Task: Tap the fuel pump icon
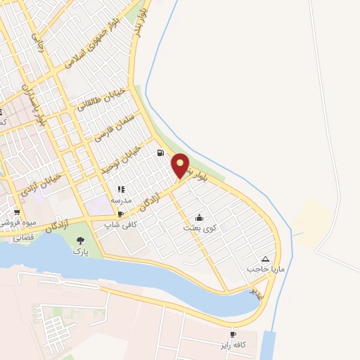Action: coord(161,153)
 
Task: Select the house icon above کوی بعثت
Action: coord(199,217)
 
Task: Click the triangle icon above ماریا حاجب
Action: coord(265,259)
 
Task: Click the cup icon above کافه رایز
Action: coord(233,334)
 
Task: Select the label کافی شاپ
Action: coord(118,225)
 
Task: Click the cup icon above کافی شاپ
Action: coord(120,214)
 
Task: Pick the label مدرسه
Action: coord(122,200)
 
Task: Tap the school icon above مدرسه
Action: coord(121,189)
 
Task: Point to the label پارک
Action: coord(80,251)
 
